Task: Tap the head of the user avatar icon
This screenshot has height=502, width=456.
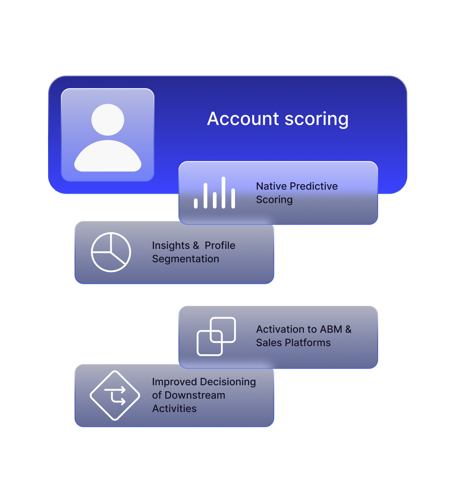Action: (108, 120)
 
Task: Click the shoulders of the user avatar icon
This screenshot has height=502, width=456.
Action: (108, 157)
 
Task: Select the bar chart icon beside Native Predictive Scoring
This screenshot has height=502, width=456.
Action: (215, 193)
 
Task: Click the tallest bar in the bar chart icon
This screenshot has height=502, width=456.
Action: (223, 192)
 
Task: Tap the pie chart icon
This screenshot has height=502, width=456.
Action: (111, 252)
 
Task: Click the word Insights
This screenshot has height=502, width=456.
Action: (171, 246)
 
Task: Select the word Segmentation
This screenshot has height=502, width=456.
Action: (185, 259)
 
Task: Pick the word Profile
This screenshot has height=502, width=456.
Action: (220, 246)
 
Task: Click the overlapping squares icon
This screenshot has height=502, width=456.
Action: (216, 336)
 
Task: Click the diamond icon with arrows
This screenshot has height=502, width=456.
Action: (115, 395)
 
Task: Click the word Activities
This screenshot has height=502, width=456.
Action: (174, 409)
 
